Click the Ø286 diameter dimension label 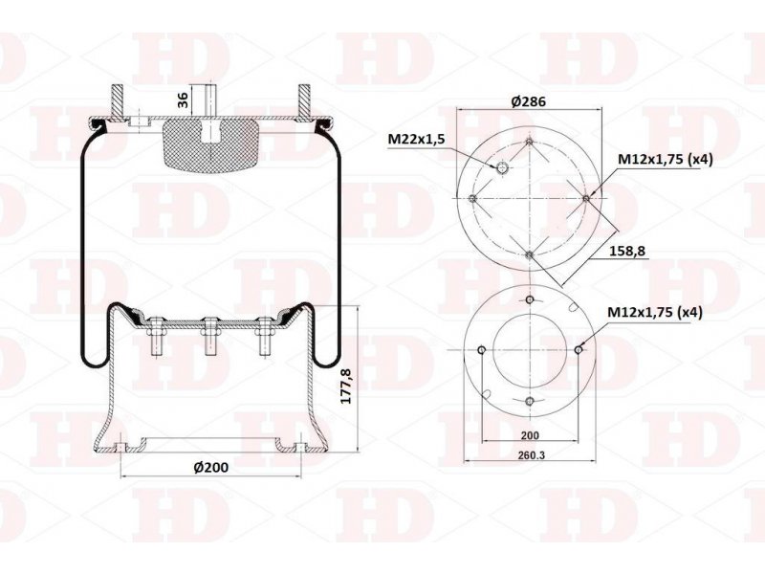(529, 101)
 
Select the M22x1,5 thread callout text (416, 140)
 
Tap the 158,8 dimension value (627, 251)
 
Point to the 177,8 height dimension (346, 386)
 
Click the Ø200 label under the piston (210, 467)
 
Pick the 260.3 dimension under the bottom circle (531, 455)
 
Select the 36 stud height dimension (183, 100)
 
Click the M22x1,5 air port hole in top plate (502, 169)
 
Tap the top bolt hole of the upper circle (530, 142)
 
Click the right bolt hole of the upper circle (586, 198)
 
